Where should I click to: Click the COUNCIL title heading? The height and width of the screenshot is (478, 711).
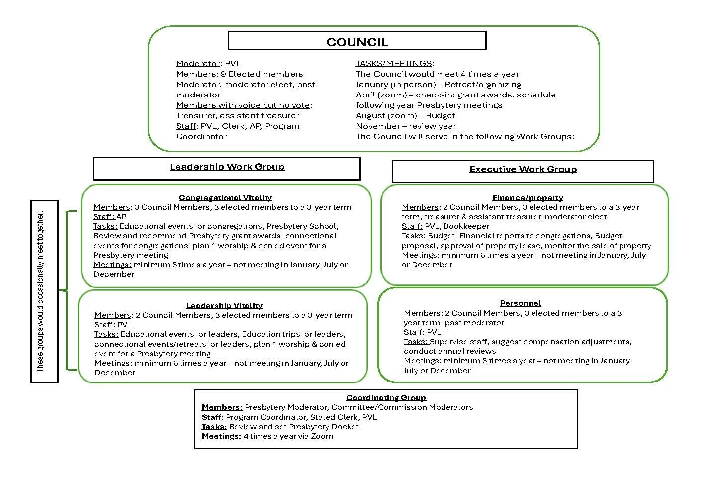pyautogui.click(x=357, y=42)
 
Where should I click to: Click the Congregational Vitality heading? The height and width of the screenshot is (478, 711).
pyautogui.click(x=225, y=198)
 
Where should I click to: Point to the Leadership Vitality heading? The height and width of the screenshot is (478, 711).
pyautogui.click(x=224, y=306)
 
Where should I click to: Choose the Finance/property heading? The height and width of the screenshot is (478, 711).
pyautogui.click(x=528, y=198)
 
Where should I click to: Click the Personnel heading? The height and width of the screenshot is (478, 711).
pyautogui.click(x=520, y=303)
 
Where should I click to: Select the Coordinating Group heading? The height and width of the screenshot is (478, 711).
pyautogui.click(x=386, y=398)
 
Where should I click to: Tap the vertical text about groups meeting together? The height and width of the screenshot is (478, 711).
pyautogui.click(x=41, y=291)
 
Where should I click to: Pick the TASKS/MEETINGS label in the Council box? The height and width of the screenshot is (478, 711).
pyautogui.click(x=394, y=64)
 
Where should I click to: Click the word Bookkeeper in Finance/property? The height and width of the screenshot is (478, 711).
pyautogui.click(x=466, y=226)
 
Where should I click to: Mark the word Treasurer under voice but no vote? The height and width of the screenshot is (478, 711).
pyautogui.click(x=195, y=116)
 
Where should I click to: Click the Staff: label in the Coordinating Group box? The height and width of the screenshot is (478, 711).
pyautogui.click(x=212, y=417)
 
